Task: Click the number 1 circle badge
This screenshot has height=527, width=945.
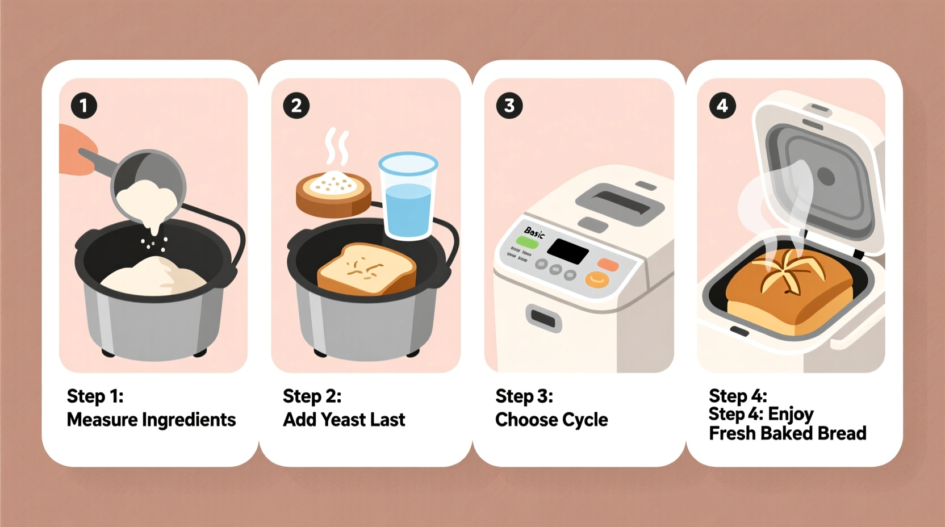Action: point(83,106)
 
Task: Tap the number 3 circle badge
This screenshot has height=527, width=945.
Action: point(509,106)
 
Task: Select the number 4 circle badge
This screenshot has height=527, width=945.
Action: point(722,106)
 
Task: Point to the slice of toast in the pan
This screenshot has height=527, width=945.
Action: point(366,269)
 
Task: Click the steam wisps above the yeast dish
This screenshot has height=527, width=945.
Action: point(336,147)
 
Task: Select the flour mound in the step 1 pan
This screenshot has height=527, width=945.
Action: point(154,277)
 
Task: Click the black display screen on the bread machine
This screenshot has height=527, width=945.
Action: point(567,250)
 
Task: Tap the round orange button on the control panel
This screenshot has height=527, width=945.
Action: point(597,279)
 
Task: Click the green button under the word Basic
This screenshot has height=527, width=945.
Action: point(527,242)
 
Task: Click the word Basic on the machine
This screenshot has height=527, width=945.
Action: point(534,232)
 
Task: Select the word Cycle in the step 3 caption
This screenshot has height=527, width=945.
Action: point(586,420)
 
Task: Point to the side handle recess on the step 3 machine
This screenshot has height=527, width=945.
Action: point(543,319)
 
